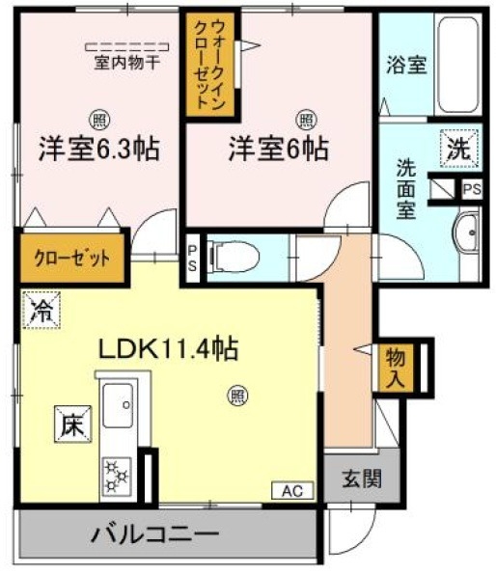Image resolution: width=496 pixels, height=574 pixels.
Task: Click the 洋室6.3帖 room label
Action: tap(98, 151)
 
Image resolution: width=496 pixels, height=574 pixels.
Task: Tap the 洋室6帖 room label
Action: tap(278, 150)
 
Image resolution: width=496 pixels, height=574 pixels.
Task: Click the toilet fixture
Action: tap(228, 257)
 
